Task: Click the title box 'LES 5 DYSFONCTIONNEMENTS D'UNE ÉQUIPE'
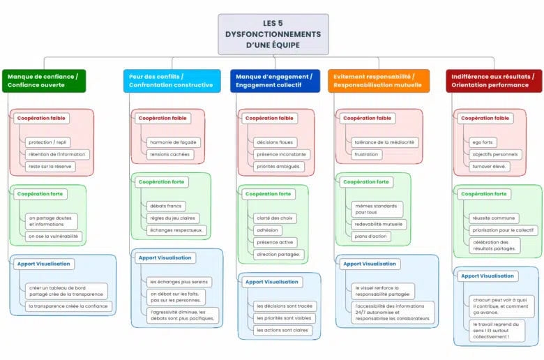(273, 34)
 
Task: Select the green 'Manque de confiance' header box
(43, 80)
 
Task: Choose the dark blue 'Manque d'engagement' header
(274, 80)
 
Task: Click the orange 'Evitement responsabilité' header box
(378, 80)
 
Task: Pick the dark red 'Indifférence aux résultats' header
(493, 80)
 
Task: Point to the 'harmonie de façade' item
(173, 142)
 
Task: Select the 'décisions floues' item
(275, 142)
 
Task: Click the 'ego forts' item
(484, 142)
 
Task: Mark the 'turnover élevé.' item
(490, 167)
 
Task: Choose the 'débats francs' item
(166, 206)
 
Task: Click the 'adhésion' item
(268, 230)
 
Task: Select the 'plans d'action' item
(371, 237)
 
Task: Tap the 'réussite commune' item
(493, 218)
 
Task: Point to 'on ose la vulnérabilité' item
(53, 237)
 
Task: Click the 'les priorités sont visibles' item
(283, 318)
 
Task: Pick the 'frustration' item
(366, 154)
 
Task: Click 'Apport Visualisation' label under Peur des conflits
(165, 257)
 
